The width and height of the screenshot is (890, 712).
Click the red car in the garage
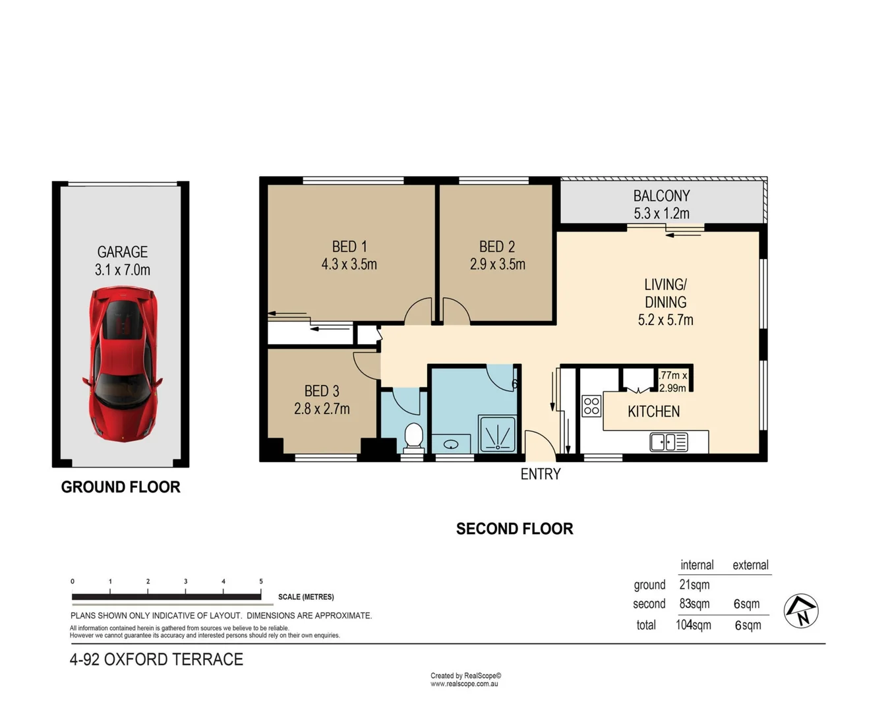pos(123,364)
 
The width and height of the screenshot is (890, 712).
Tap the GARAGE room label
pos(123,252)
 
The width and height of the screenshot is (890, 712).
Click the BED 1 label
pos(349,247)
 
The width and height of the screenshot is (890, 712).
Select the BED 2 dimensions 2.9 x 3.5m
pos(498,264)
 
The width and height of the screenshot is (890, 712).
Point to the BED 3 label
pos(322,391)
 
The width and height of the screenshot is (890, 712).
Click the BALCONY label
pos(661,196)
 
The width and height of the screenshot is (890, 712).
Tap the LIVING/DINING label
pos(665,293)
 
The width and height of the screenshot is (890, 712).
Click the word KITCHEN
pos(653,411)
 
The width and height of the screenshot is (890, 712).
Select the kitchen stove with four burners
pos(591,406)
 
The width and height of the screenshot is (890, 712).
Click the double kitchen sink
pos(668,442)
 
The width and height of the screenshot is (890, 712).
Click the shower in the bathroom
pos(497,434)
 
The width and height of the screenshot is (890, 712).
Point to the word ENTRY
pos(540,474)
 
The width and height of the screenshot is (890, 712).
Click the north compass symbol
pos(801,611)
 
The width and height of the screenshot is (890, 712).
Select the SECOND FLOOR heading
pos(514,529)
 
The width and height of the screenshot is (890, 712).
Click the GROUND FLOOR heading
pos(121,487)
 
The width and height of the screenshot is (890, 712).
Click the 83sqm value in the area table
pos(694,604)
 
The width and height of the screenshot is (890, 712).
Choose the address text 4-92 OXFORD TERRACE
pos(156,659)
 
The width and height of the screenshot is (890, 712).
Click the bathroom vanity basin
pos(451,444)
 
